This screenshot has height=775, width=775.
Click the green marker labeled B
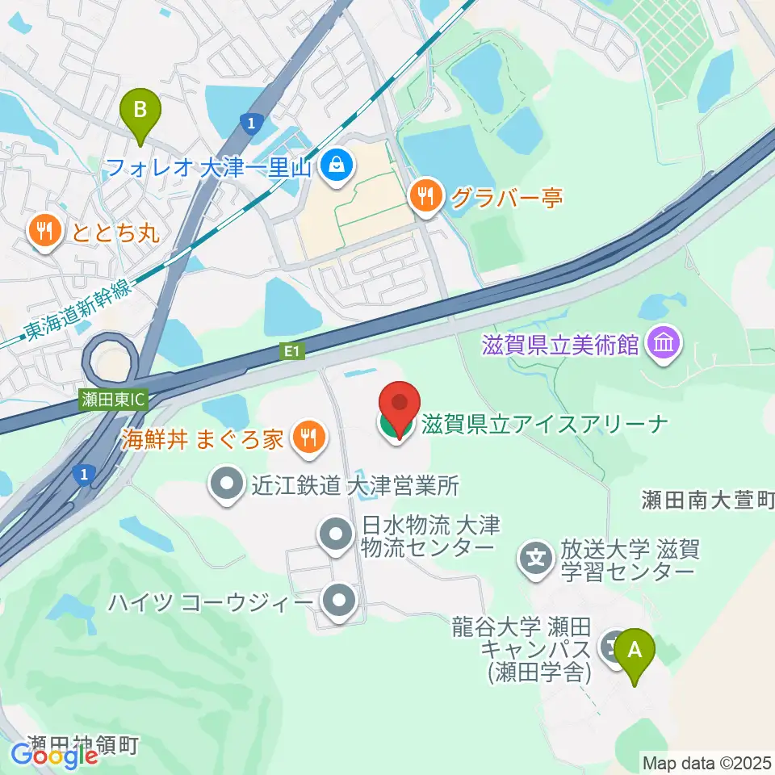click(x=140, y=110)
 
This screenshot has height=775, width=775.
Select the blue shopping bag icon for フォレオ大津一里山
click(x=333, y=167)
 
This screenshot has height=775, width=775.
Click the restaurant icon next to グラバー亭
click(x=425, y=196)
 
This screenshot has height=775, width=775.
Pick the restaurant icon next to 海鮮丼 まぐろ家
click(x=308, y=438)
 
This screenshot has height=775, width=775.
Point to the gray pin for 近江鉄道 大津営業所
click(x=227, y=485)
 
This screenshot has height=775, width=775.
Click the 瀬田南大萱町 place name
click(x=708, y=501)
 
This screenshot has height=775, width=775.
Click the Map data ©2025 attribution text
click(x=706, y=761)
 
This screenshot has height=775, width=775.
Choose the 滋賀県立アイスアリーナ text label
click(x=542, y=423)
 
